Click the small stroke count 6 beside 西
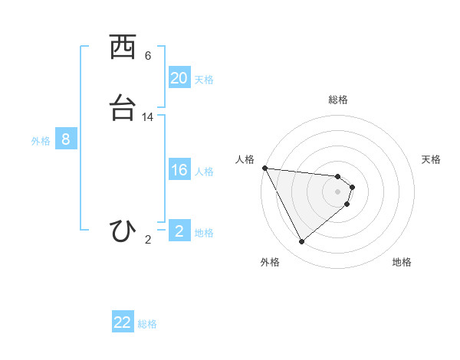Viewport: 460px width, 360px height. pos(148,56)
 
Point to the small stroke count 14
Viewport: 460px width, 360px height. pos(148,117)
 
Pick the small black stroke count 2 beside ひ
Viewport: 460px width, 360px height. pos(148,240)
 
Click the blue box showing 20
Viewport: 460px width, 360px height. pos(179,78)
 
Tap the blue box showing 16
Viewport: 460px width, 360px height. pos(179,170)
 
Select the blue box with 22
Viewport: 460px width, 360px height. pos(123,322)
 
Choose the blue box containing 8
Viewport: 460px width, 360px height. pos(66,139)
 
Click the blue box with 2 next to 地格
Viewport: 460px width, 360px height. pos(179,231)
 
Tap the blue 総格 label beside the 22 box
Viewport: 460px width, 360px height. pos(147,324)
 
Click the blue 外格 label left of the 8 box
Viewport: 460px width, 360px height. pos(41,141)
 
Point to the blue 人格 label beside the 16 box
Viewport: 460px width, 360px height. pos(205,172)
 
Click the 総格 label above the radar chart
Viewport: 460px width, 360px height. pos(338,100)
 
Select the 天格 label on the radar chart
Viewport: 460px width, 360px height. pos(432,159)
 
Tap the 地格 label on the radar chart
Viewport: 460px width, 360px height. pos(402,262)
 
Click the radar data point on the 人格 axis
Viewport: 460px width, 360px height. pos(264,168)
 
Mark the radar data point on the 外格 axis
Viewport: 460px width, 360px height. pos(301,242)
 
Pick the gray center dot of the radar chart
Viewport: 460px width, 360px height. pos(338,191)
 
